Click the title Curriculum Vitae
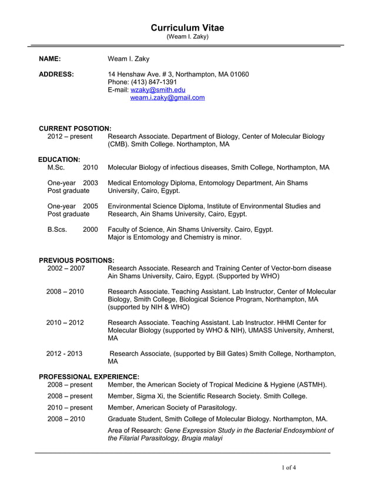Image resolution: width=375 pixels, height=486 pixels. pos(187,28)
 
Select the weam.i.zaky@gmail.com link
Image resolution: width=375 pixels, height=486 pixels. pos(168,98)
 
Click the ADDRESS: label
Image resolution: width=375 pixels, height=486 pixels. pos(56,74)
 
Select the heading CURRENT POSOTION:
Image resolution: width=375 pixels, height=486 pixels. pos(75,128)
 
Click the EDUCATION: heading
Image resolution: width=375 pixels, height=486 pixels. pos(59,159)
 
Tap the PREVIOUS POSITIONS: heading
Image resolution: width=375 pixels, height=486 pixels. pos(76,260)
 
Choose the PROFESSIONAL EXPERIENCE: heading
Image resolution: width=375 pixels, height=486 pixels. pos(89,376)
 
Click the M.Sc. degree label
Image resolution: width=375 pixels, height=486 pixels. pos(57,168)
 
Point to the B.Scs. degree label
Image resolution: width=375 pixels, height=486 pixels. pos(58,229)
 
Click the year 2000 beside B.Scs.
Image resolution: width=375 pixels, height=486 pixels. pos(91,229)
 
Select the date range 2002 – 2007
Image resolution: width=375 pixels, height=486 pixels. pos(66,268)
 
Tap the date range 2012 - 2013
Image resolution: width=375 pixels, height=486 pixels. pos(64,354)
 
